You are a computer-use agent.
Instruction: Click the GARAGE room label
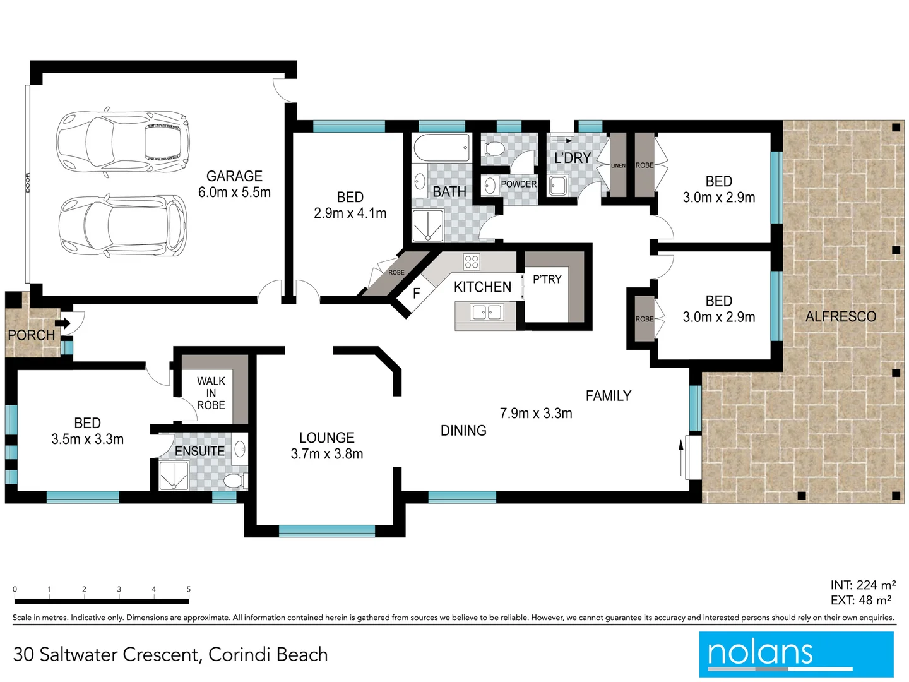(x=234, y=176)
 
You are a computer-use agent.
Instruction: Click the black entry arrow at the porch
(x=63, y=323)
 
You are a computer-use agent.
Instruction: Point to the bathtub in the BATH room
(x=442, y=148)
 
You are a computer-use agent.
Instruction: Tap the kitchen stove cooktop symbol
(x=472, y=261)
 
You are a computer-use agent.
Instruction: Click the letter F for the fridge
(x=417, y=294)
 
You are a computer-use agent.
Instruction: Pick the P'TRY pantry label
(x=547, y=279)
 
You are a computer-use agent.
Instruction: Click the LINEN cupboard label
(x=618, y=166)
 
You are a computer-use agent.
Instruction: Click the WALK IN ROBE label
(x=211, y=393)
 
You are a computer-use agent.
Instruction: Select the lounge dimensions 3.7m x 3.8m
(x=327, y=453)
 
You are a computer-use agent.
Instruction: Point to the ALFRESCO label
(x=840, y=316)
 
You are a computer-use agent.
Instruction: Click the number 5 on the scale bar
(x=188, y=589)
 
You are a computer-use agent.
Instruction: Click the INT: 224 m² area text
(x=863, y=585)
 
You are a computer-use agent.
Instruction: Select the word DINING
(x=463, y=431)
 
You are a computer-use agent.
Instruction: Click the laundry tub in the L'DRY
(x=557, y=186)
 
